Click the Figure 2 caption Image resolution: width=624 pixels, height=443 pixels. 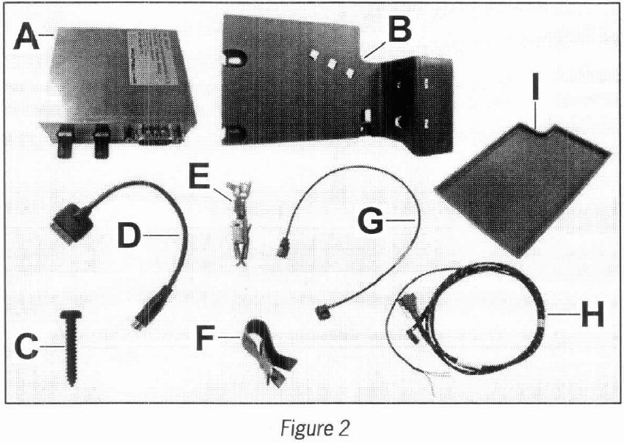(x=311, y=425)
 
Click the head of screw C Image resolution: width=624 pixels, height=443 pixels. (x=72, y=315)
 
